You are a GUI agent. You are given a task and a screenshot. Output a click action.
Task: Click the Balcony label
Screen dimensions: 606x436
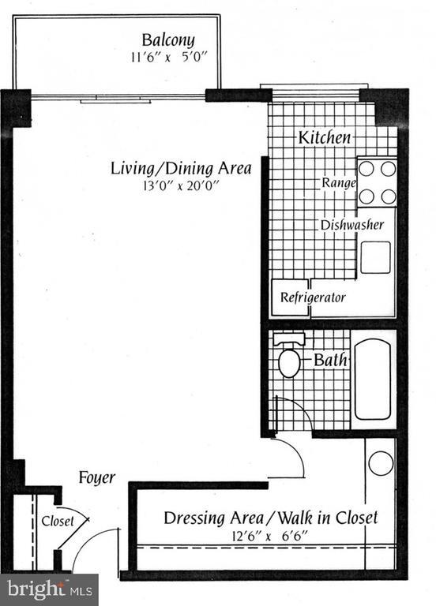pos(168,39)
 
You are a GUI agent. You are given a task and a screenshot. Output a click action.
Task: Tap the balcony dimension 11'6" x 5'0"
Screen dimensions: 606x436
pos(168,58)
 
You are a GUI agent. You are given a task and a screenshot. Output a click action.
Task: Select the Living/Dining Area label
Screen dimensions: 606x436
pos(181,168)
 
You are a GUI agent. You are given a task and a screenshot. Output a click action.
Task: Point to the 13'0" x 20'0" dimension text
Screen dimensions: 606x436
pos(181,186)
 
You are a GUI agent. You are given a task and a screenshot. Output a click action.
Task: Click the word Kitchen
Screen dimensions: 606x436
pos(324,137)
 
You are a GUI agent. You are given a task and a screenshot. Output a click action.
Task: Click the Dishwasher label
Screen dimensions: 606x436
pos(351,225)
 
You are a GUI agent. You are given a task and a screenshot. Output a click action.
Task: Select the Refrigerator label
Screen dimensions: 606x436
pos(314,298)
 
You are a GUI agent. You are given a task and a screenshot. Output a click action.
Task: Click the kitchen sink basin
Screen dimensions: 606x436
pos(376,257)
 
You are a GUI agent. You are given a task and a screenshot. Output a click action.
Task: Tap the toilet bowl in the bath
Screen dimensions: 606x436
pos(289,364)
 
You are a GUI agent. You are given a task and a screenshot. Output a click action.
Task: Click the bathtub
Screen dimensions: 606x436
pos(372,379)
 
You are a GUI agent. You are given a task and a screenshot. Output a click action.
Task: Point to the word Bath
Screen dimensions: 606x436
pos(329,361)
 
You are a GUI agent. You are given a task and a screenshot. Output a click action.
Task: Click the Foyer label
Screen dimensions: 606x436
pos(97,477)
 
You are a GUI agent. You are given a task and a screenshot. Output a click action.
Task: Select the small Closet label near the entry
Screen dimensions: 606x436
pos(58,521)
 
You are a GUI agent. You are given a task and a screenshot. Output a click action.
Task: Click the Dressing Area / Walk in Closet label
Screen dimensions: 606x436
pos(270,518)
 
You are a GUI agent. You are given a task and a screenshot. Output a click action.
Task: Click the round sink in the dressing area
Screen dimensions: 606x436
pos(381,462)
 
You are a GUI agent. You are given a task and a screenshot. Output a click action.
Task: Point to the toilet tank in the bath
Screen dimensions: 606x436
pos(290,339)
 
